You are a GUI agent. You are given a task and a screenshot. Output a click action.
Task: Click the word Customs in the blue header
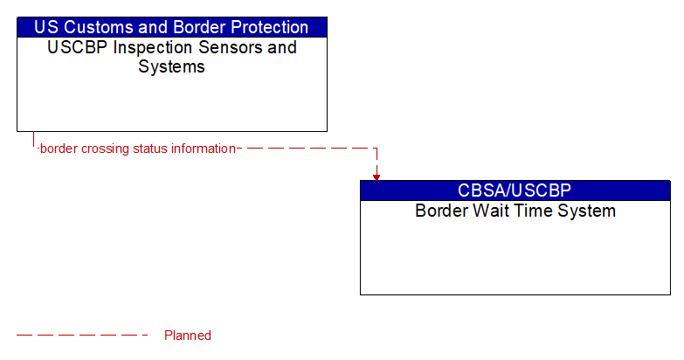[99, 27]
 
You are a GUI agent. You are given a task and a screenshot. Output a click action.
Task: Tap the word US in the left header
[47, 27]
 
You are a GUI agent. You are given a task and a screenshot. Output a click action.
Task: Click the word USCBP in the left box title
[75, 47]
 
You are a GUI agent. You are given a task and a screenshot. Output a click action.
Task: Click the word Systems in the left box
[171, 66]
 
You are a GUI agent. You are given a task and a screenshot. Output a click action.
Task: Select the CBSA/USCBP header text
[515, 190]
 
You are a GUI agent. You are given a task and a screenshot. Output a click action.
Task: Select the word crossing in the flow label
[104, 149]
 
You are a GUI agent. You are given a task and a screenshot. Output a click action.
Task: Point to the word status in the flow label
[149, 149]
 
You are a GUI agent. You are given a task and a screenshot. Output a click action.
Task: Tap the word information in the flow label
[203, 149]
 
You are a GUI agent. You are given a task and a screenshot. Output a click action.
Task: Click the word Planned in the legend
[188, 336]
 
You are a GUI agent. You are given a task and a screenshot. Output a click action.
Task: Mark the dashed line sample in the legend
[82, 336]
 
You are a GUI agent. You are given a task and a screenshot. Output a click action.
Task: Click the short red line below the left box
[34, 140]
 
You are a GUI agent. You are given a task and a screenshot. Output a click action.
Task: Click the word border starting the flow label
[59, 149]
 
